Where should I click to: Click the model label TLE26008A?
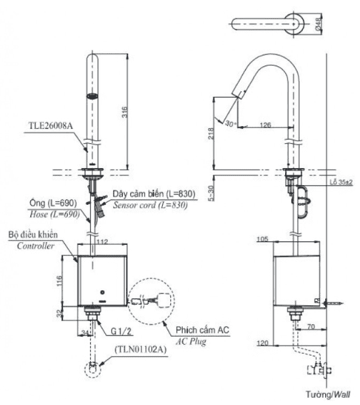51,126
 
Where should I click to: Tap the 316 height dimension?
125,112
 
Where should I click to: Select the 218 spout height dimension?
211,133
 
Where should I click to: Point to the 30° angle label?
230,123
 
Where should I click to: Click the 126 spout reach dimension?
265,125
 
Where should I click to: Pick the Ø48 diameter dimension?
319,24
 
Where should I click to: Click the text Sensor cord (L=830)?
150,205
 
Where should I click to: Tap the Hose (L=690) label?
55,214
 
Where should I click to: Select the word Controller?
35,245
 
